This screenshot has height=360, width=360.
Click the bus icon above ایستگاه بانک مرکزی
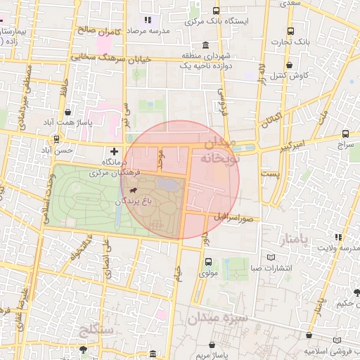[215, 11]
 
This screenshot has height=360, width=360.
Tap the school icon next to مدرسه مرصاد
[147, 20]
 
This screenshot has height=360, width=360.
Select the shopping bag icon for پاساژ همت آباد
[67, 112]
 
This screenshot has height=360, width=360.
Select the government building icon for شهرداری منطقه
[204, 44]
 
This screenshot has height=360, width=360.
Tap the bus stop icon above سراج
[345, 133]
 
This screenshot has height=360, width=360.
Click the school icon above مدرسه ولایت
[338, 237]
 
